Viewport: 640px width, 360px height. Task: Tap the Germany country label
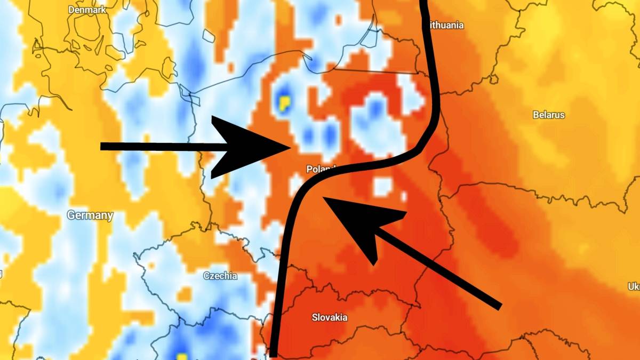pyautogui.click(x=90, y=215)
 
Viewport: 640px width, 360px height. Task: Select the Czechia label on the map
pyautogui.click(x=220, y=276)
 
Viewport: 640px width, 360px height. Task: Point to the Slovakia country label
pyautogui.click(x=329, y=317)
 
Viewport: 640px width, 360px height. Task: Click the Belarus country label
pyautogui.click(x=548, y=115)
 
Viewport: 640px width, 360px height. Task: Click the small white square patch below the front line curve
pyautogui.click(x=382, y=186)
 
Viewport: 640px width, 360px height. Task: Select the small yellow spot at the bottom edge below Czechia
pyautogui.click(x=182, y=356)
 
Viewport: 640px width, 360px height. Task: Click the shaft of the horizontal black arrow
pyautogui.click(x=160, y=147)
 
